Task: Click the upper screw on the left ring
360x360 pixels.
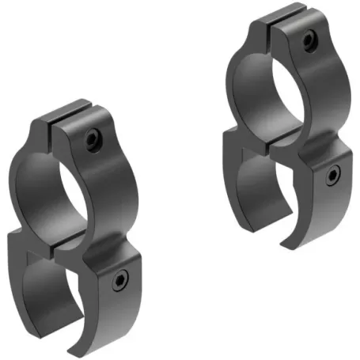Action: click(x=92, y=139)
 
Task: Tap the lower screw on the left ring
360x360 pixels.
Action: click(x=120, y=280)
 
